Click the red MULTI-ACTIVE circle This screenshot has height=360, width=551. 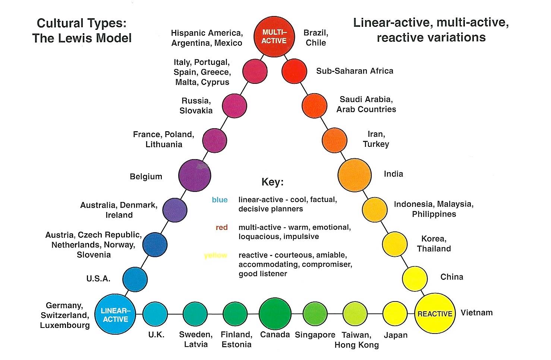274,37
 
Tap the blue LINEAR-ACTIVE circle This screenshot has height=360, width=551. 116,315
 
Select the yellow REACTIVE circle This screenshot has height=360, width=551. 434,314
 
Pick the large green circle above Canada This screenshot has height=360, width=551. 275,314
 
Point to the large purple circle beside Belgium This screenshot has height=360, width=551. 195,175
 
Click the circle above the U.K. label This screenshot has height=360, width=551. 155,314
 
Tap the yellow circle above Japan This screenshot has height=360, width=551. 395,314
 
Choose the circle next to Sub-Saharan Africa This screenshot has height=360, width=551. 294,71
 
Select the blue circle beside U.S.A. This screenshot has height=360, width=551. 135,279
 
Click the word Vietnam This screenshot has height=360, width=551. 476,313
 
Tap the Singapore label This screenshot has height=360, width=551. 315,335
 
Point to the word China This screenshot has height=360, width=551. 452,277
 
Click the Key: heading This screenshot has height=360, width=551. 273,182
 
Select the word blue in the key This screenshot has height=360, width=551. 220,200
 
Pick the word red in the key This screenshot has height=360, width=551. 221,227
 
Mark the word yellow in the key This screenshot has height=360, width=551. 215,255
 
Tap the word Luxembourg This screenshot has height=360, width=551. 65,325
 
